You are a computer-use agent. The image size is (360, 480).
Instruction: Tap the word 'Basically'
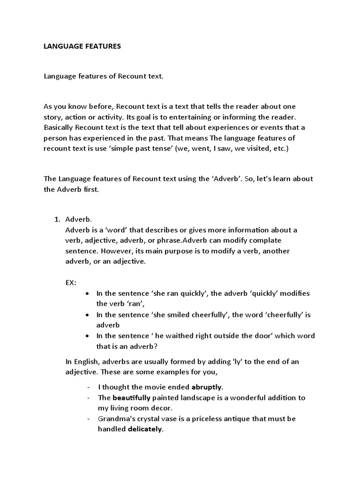point(60,127)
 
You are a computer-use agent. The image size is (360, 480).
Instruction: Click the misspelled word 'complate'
point(272,240)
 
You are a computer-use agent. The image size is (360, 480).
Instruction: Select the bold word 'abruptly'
point(207,387)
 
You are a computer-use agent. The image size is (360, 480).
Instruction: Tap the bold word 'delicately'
point(145,429)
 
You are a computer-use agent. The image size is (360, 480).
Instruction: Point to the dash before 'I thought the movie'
point(89,387)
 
